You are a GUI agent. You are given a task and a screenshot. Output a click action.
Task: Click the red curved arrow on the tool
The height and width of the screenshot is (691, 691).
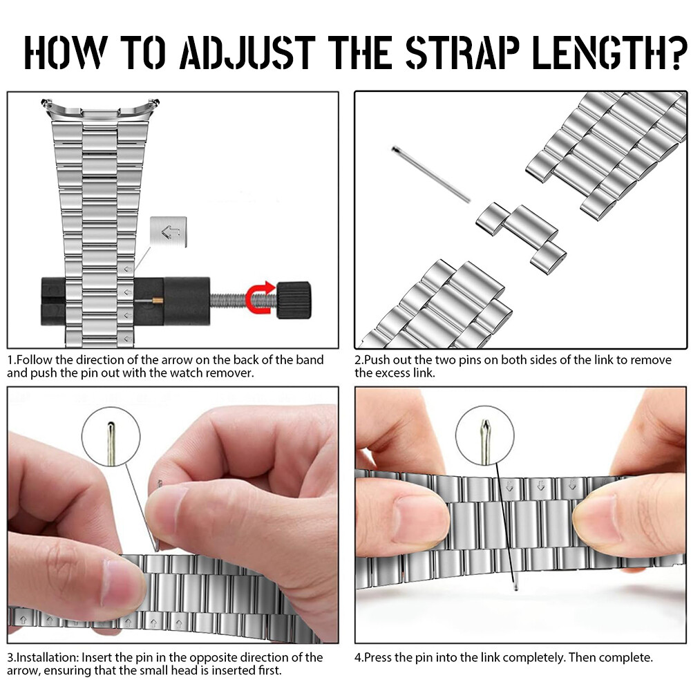coord(261,298)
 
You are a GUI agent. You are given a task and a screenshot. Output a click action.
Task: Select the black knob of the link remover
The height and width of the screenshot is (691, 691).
coord(294,300)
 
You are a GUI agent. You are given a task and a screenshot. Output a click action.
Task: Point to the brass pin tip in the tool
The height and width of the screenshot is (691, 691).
coord(158,301)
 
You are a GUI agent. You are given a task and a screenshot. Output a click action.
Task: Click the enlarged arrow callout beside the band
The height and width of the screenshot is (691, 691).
coord(169,231)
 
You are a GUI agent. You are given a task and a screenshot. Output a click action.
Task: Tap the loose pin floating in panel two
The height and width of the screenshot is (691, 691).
coord(431,174)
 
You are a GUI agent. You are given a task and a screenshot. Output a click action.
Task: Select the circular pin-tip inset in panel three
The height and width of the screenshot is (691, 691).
coord(111,436)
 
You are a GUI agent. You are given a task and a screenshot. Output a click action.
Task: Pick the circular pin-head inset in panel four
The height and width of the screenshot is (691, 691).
coord(485,435)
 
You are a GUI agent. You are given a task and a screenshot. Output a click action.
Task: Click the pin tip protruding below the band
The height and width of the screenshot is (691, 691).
coord(516,586)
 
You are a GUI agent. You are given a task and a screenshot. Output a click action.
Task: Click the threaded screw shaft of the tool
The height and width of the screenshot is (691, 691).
coord(243,301)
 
